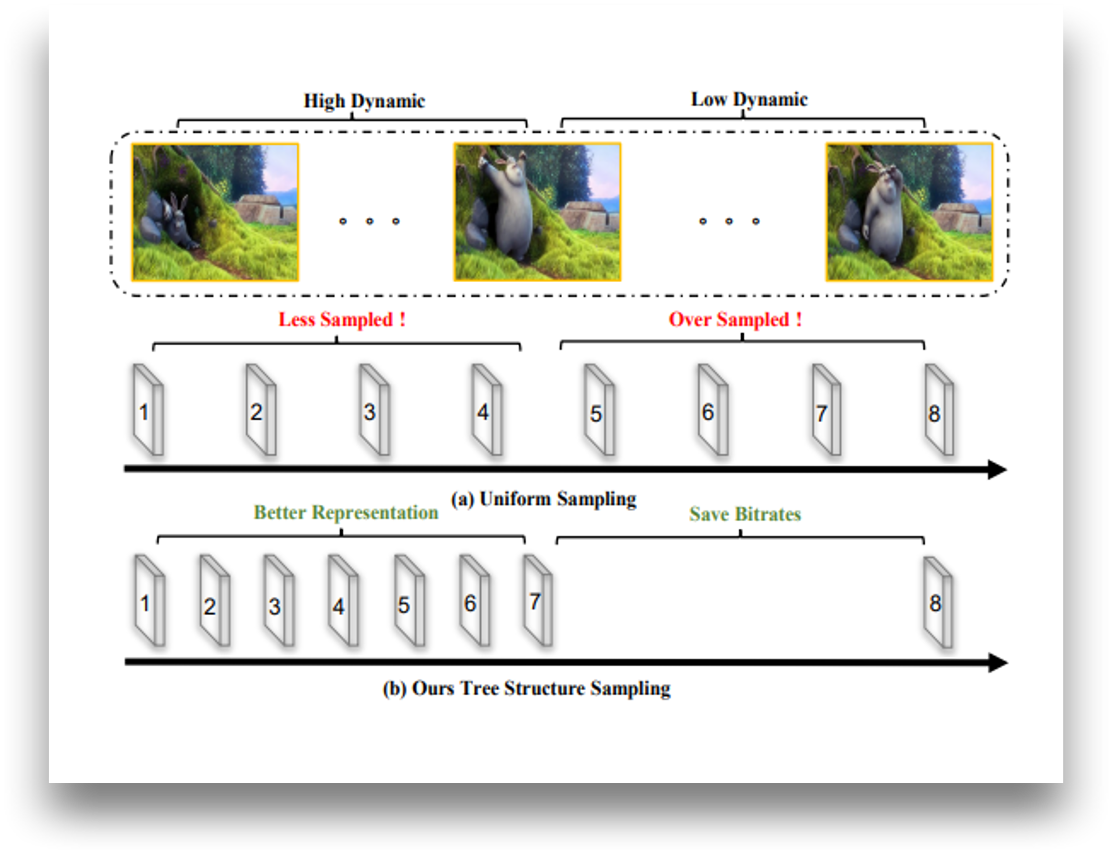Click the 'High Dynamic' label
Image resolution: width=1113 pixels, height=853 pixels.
(x=364, y=100)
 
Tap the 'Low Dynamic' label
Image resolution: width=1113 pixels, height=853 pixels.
(x=749, y=99)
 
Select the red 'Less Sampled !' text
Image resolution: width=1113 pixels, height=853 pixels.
(x=342, y=320)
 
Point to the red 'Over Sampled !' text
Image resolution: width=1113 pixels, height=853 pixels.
(x=735, y=320)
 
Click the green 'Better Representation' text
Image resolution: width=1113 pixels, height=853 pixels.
(x=346, y=512)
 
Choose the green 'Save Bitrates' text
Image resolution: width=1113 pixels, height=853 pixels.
(x=745, y=514)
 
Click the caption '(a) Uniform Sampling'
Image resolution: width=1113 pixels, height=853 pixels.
(x=543, y=499)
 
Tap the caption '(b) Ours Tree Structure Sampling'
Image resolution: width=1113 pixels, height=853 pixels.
(x=526, y=689)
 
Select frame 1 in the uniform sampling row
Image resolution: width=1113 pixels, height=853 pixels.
(x=147, y=410)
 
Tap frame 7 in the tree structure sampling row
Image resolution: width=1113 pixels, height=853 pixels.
(x=537, y=601)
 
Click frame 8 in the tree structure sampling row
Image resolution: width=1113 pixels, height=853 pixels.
(x=937, y=603)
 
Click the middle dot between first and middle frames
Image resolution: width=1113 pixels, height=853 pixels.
(x=369, y=221)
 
